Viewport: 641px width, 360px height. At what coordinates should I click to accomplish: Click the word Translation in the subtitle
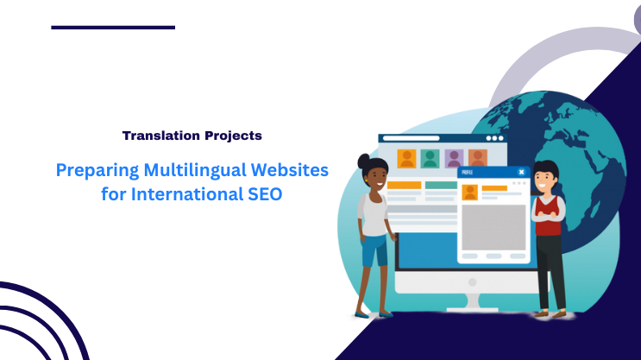155,136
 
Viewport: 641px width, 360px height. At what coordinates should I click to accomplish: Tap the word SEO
260,194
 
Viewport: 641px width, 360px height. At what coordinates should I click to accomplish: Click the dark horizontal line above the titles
113,27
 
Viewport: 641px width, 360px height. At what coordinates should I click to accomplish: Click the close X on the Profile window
521,172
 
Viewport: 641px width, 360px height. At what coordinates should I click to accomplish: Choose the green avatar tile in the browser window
430,158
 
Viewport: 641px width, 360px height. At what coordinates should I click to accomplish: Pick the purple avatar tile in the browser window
454,158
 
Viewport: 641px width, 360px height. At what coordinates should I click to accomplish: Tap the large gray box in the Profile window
494,227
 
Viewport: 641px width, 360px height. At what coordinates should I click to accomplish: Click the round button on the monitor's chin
471,282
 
